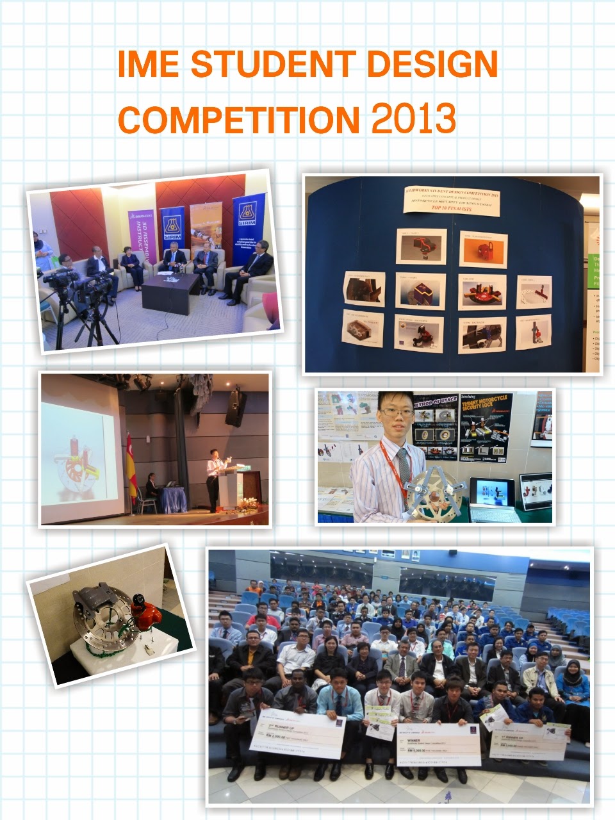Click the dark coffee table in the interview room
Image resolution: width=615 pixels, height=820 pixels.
coord(170,291)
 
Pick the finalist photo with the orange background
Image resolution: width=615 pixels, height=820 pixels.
coord(483,250)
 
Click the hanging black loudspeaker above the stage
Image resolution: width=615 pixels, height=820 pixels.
coord(234,407)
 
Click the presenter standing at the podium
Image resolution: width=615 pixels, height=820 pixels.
coord(213,477)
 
